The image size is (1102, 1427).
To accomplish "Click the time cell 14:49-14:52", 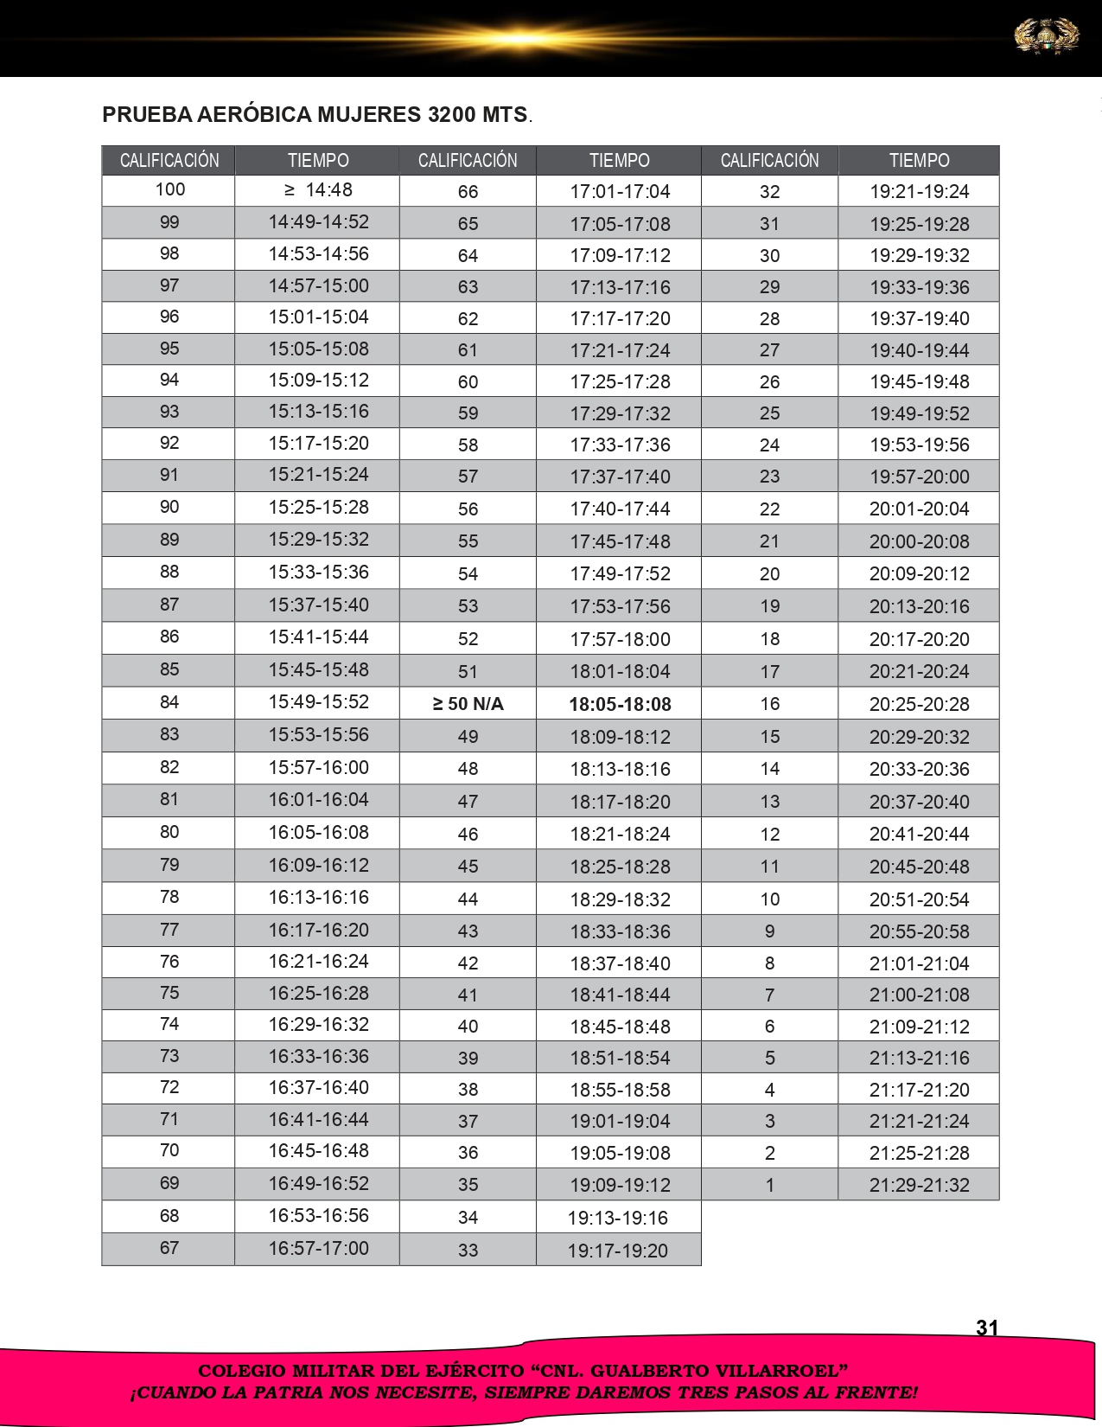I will tap(318, 222).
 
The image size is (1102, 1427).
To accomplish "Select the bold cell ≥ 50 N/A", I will tap(468, 704).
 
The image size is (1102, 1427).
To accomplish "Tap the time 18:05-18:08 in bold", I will tap(620, 704).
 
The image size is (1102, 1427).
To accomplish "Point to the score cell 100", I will tap(169, 189).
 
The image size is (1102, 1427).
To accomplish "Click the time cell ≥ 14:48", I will tap(318, 189).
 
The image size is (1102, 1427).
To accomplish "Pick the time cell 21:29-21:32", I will tap(919, 1185).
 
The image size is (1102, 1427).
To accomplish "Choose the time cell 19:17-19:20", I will tap(618, 1250).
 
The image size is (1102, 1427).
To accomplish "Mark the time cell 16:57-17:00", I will tap(318, 1248).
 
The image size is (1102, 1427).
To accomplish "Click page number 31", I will tap(987, 1328).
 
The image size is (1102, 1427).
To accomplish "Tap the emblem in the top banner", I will tap(1046, 36).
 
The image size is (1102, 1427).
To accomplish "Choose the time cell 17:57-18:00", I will tap(620, 639).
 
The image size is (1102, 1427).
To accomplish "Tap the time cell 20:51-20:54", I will tap(919, 899).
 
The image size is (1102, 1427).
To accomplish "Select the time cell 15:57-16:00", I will tap(318, 767).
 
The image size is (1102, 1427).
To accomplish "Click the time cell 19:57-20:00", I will tap(919, 477).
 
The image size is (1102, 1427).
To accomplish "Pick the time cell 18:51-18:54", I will tap(620, 1058).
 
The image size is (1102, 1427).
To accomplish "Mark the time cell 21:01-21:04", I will tap(919, 963).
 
